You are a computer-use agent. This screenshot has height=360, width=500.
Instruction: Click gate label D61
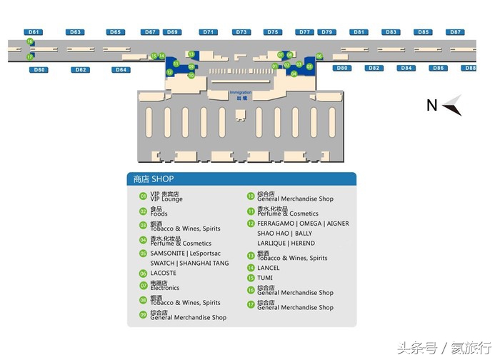34,32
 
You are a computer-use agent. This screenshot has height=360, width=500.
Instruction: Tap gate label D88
469,68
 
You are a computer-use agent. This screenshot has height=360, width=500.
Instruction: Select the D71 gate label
209,32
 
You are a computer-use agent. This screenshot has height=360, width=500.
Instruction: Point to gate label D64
121,69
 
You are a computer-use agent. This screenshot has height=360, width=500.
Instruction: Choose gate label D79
327,32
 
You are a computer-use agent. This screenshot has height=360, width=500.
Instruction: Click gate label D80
342,68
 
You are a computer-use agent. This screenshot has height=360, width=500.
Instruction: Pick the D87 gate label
455,32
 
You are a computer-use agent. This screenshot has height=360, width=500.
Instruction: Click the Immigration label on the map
241,93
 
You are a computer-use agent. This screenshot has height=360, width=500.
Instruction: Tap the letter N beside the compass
431,106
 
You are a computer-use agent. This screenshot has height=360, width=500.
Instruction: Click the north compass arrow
452,106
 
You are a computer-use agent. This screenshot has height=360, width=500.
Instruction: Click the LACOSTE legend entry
163,273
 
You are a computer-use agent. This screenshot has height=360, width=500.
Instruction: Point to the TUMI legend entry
265,278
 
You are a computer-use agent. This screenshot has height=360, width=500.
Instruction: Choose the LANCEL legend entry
269,268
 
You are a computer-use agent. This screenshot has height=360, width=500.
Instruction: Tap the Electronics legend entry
164,288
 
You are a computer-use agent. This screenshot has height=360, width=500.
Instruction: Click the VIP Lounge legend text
166,199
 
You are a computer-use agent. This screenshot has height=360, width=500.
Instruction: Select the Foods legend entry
159,214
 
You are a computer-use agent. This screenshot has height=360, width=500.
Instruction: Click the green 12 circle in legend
251,224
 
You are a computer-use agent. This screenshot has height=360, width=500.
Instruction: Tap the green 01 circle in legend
144,196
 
